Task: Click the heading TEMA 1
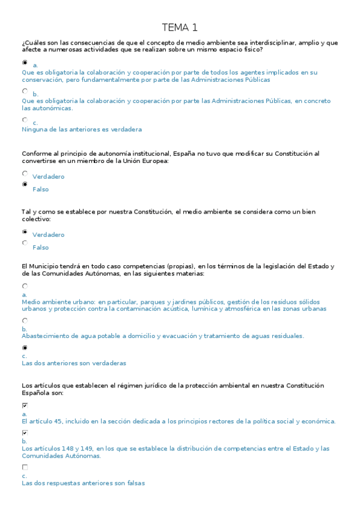pos(180,28)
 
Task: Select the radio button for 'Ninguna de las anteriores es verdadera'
pos(25,120)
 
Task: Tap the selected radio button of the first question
pos(25,62)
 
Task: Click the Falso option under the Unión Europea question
pos(25,185)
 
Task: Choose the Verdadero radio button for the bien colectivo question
pos(25,232)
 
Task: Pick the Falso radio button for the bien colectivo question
pos(25,244)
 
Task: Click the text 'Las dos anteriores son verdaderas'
pos(74,363)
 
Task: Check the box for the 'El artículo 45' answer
pos(25,406)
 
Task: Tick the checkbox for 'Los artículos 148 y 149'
pos(25,433)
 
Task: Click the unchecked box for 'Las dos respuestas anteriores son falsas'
pos(25,467)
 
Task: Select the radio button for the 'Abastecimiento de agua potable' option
pos(25,321)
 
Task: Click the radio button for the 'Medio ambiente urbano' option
pos(25,287)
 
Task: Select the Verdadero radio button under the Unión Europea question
pos(25,173)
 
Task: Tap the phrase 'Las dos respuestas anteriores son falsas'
pos(83,483)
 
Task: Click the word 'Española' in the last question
pos(35,393)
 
